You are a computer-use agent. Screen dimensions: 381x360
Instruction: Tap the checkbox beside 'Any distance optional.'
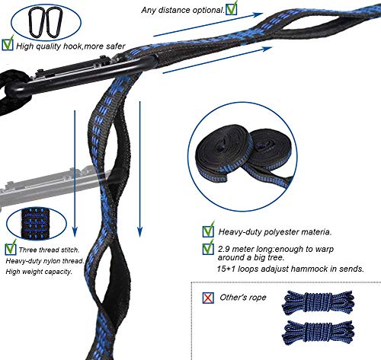pos(232,8)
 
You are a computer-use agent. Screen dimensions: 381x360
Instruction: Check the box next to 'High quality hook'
pos(8,44)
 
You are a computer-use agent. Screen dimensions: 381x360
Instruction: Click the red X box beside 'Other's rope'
pos(208,298)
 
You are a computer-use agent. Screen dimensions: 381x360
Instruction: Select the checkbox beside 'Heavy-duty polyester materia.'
pos(208,230)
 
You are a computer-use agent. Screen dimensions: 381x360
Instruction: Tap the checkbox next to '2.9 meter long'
pos(208,248)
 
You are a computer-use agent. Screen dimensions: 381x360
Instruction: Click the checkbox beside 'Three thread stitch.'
pos(11,248)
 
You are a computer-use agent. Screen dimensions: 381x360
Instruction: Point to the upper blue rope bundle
pos(318,303)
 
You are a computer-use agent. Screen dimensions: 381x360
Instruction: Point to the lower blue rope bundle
pos(318,332)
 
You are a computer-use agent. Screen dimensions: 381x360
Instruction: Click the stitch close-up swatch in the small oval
pos(35,224)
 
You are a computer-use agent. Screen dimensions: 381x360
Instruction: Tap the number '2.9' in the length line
pos(223,249)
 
